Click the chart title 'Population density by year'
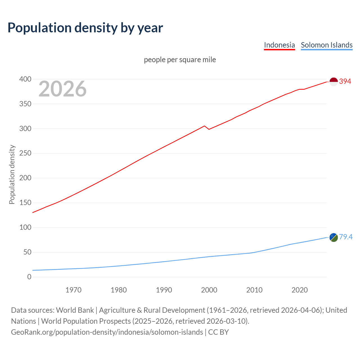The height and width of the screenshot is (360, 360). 85,28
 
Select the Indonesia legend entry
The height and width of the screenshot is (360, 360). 279,45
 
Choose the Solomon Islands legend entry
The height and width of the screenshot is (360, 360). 327,45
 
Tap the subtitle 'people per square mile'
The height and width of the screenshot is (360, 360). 180,60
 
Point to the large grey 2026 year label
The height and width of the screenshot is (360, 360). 62,89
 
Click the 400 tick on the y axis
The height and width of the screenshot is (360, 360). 25,79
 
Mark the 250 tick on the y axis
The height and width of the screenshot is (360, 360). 25,153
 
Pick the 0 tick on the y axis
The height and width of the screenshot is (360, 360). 29,277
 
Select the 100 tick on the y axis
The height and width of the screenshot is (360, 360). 25,227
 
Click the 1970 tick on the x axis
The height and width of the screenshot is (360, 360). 73,290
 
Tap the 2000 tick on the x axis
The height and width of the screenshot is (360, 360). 209,290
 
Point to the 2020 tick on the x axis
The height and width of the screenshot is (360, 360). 300,290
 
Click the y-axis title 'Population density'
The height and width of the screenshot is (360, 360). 12,174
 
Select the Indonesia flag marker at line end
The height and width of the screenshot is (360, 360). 334,82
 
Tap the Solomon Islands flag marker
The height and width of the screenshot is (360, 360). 334,237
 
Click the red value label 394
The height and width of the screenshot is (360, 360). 345,82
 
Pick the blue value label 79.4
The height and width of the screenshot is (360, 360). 346,237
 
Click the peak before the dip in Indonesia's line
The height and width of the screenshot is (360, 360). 204,126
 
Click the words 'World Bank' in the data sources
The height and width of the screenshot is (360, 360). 75,310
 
